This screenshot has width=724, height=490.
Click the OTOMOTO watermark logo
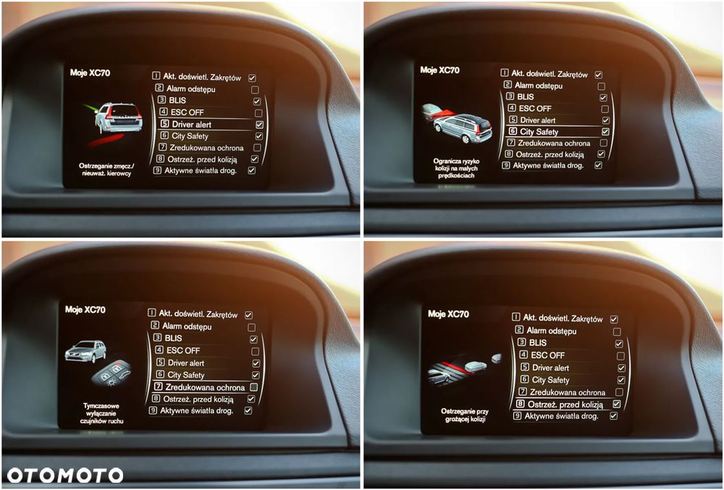pos(65,476)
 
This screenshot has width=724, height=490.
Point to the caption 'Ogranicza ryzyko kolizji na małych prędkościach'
pos(456,168)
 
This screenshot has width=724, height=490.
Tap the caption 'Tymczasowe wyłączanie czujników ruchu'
pos(101,412)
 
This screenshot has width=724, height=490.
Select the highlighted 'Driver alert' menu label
pos(192,124)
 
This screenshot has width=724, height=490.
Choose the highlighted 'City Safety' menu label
pos(539,132)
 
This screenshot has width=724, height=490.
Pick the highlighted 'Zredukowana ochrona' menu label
pos(205,387)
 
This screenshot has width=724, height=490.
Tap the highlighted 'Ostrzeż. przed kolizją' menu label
pos(565,405)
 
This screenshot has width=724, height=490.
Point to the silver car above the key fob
pos(85,351)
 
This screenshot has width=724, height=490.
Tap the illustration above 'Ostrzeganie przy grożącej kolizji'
pos(463,369)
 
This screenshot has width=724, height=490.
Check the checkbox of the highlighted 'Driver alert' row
pos(259,124)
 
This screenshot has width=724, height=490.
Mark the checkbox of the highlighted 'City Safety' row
pos(605,132)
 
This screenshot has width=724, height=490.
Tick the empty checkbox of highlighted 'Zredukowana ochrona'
pos(253,387)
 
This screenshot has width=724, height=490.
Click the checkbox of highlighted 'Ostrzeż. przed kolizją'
pos(616,404)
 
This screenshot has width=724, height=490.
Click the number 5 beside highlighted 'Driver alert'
pos(164,124)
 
